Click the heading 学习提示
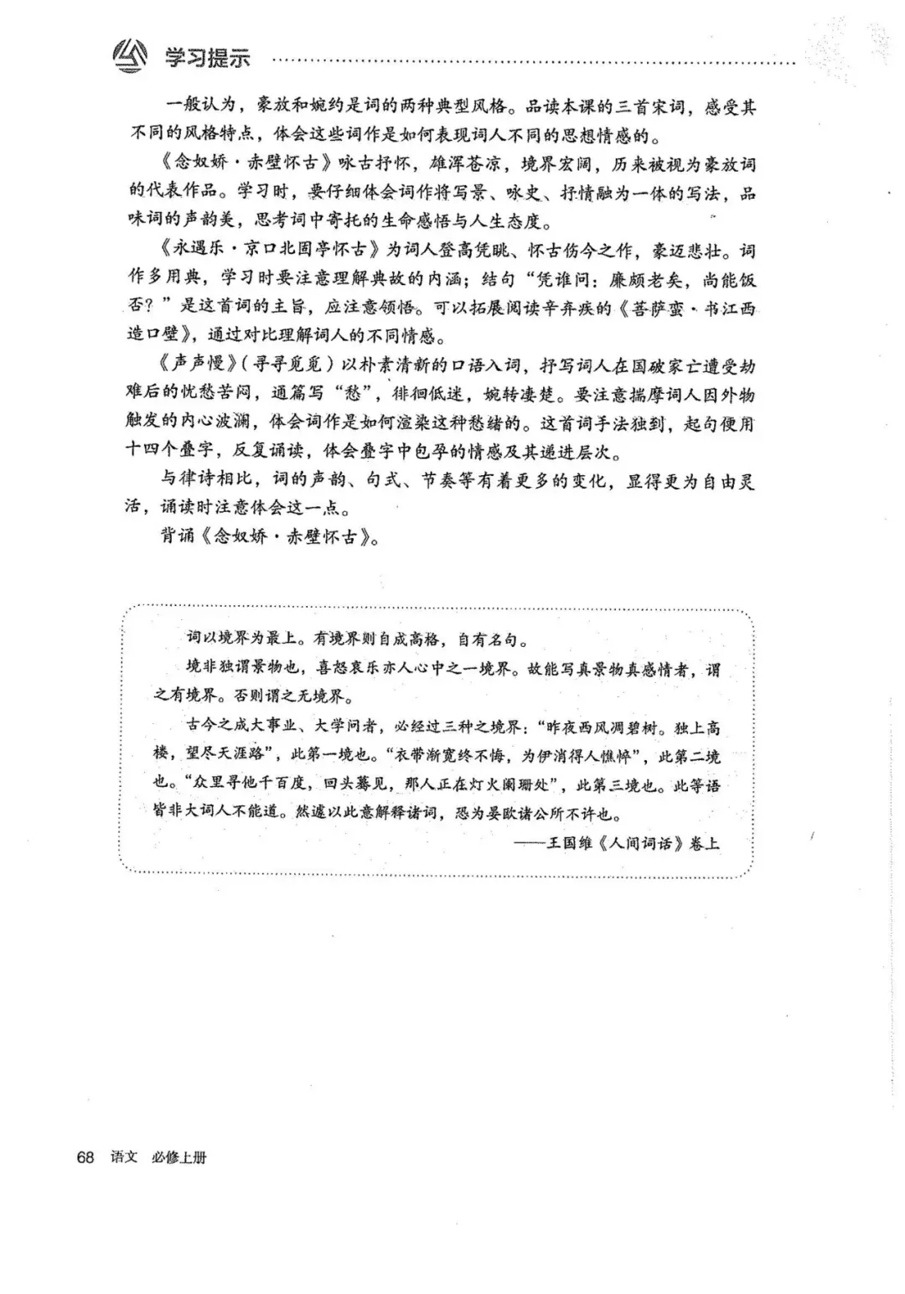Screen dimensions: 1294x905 pos(207,58)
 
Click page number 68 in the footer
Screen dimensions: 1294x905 pos(85,1157)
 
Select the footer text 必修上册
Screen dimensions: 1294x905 pos(178,1157)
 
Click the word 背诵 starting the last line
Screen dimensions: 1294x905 pos(178,537)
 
